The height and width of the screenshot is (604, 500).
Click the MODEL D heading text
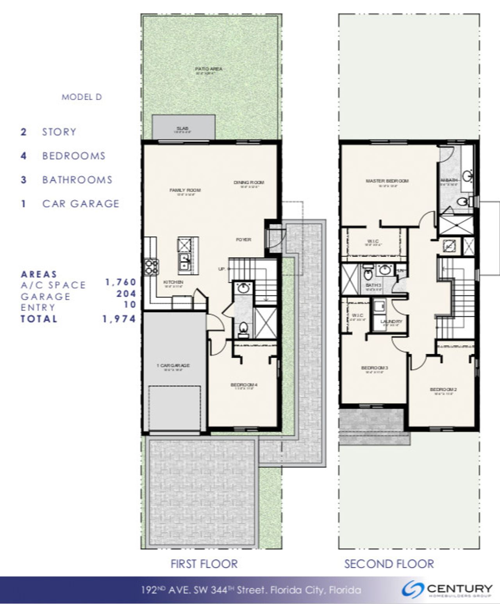(82, 97)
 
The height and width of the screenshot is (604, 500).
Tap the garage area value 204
(127, 294)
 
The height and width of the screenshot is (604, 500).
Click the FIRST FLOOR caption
(204, 564)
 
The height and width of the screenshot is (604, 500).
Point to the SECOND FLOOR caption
(389, 564)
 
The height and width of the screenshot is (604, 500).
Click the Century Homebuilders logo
(448, 590)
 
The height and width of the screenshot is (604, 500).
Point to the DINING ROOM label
(249, 182)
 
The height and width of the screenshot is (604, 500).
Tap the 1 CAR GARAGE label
(173, 366)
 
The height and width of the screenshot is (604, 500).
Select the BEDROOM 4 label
(244, 385)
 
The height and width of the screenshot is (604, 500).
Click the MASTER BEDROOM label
(387, 181)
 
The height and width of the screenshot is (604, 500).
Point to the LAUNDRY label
(391, 321)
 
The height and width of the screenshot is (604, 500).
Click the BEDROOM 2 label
(443, 389)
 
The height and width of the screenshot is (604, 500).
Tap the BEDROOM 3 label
(375, 368)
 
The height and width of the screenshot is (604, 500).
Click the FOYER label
(243, 239)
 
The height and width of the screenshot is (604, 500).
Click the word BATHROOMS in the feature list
(77, 180)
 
